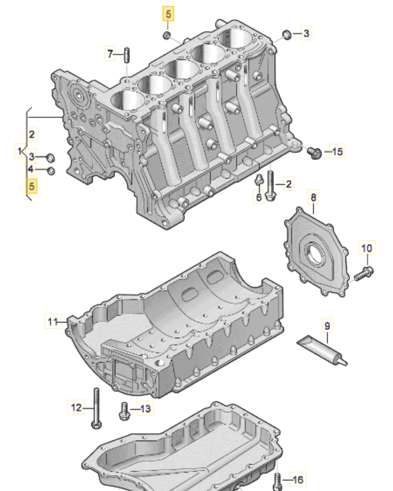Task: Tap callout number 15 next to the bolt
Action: pyautogui.click(x=337, y=151)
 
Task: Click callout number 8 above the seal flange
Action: pyautogui.click(x=313, y=196)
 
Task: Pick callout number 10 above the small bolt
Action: pyautogui.click(x=367, y=248)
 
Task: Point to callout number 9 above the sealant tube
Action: pyautogui.click(x=327, y=326)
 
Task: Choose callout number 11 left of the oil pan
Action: pyautogui.click(x=52, y=322)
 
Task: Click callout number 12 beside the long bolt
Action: pyautogui.click(x=76, y=407)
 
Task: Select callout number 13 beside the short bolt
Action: pyautogui.click(x=145, y=408)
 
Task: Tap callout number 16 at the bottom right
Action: pyautogui.click(x=297, y=480)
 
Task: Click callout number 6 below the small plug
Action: pyautogui.click(x=259, y=197)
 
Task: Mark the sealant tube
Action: pyautogui.click(x=322, y=350)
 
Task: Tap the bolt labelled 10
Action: pyautogui.click(x=364, y=272)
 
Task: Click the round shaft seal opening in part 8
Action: pyautogui.click(x=317, y=253)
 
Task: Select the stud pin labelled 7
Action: pyautogui.click(x=126, y=55)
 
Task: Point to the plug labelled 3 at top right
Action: pyautogui.click(x=287, y=35)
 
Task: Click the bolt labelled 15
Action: pyautogui.click(x=314, y=152)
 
